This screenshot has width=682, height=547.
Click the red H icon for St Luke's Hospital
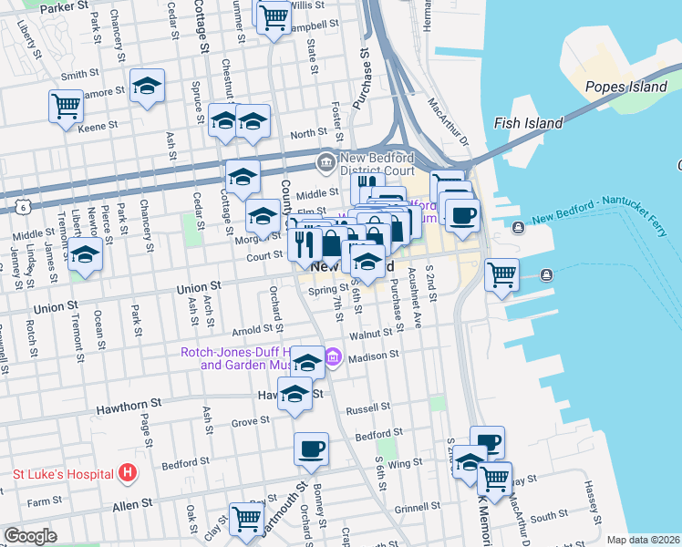pos(128,473)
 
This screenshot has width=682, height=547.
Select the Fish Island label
pos(528,122)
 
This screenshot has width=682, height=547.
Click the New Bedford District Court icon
pos(325,163)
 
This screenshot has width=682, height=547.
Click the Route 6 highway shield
pos(22,209)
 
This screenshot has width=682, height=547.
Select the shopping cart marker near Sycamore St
pos(66,106)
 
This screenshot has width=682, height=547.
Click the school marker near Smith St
pos(147,87)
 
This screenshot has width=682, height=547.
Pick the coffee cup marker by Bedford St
pos(311,449)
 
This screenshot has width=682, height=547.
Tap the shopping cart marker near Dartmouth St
pos(246,517)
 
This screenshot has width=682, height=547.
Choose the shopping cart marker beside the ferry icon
pos(501,274)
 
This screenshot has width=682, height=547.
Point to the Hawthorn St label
pos(130,401)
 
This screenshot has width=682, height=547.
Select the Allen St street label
pos(131,504)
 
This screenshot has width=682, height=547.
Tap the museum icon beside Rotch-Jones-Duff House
pos(333,356)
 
